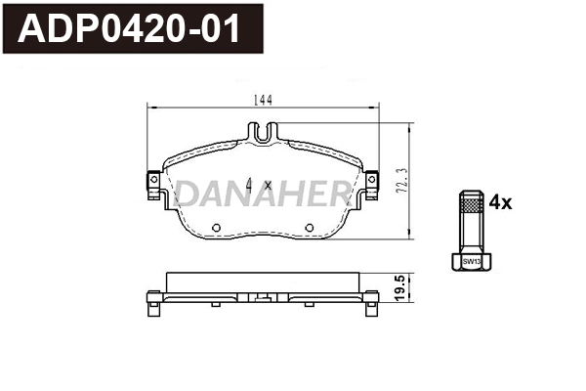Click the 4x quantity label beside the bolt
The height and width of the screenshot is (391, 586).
[x=499, y=202]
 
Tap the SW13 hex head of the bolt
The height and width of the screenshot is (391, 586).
[x=471, y=261]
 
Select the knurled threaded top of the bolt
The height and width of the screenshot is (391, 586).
[x=471, y=204]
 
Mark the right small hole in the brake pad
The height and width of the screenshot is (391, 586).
[x=309, y=230]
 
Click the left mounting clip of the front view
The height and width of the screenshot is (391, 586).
[x=153, y=184]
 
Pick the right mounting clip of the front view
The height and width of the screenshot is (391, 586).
[x=370, y=184]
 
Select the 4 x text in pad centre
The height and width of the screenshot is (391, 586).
[x=259, y=185]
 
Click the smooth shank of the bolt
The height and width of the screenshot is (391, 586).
[x=471, y=233]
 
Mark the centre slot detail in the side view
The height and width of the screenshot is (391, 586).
[x=261, y=294]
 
